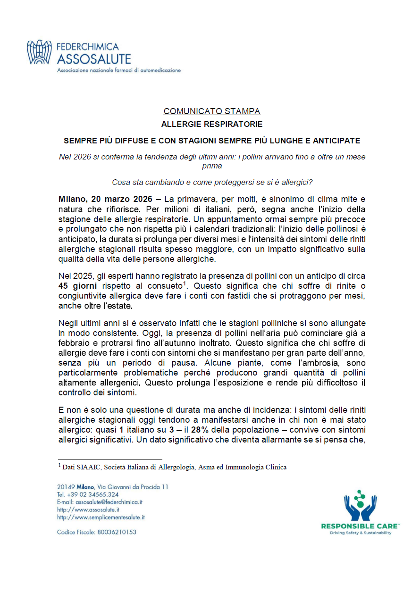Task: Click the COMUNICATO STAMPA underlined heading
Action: tap(211, 111)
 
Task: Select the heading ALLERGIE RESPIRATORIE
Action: tap(211, 125)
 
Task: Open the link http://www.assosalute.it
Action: tap(88, 509)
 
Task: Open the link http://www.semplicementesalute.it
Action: tap(101, 517)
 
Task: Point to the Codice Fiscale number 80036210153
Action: tap(117, 532)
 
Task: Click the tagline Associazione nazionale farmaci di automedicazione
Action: tap(118, 70)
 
